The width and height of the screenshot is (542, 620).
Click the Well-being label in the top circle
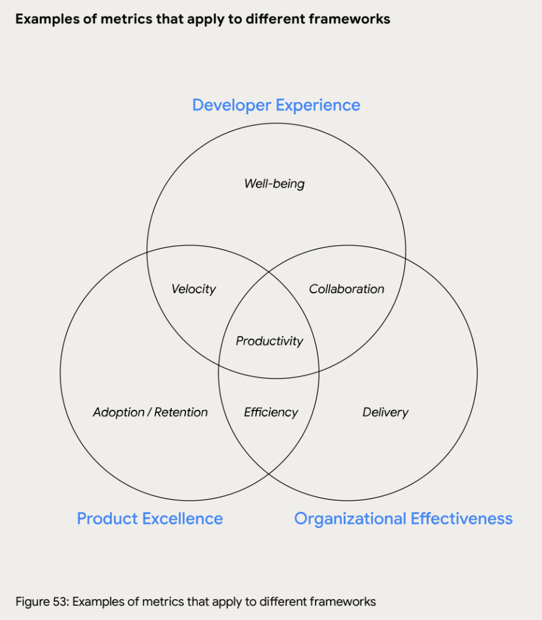[x=274, y=183]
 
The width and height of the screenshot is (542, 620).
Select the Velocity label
[x=193, y=289]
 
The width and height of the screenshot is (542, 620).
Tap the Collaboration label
[x=346, y=289]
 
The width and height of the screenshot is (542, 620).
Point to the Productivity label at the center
[x=269, y=340]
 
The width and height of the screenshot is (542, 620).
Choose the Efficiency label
[x=271, y=412]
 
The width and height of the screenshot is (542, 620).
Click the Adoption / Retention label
[x=150, y=412]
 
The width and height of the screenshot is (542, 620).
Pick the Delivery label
[x=385, y=412]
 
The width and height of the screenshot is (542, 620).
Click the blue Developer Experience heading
[x=276, y=105]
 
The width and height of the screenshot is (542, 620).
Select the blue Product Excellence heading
[x=150, y=519]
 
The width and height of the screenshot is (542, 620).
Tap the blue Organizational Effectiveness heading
[x=403, y=519]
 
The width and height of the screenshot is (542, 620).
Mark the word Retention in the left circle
[x=181, y=412]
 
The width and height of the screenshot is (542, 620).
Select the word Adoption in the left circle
[x=119, y=412]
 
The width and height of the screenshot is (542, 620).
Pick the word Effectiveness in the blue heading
[x=462, y=519]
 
